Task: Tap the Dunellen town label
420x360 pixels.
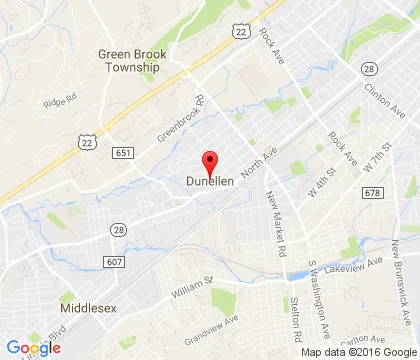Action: (x=210, y=181)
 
